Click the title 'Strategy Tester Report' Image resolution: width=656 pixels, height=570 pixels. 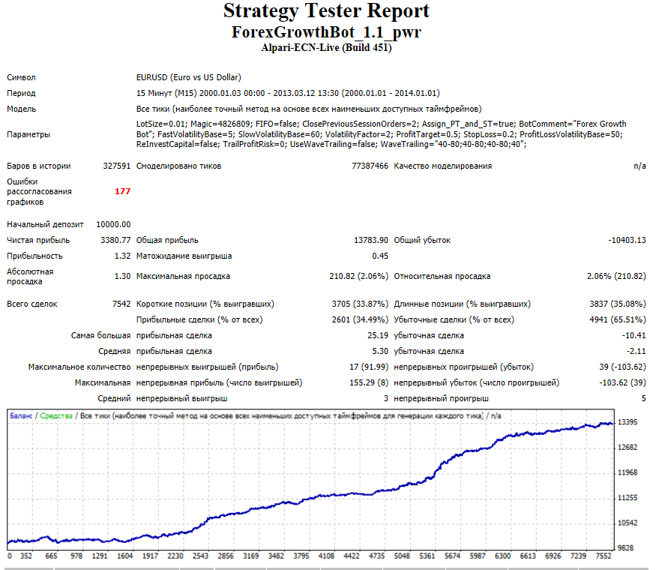(326, 11)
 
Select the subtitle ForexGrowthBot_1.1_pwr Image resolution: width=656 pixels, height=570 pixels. (326, 32)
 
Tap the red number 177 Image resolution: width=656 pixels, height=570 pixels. (123, 191)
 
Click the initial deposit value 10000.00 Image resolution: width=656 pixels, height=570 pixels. (113, 224)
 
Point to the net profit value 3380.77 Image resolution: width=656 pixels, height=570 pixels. (115, 240)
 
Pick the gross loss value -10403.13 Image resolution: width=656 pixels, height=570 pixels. (627, 240)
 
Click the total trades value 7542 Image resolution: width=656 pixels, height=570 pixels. (121, 304)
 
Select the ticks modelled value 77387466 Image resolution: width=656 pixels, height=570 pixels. (370, 166)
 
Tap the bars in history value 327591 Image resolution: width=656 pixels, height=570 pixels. (117, 166)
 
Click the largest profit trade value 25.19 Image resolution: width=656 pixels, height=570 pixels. (378, 336)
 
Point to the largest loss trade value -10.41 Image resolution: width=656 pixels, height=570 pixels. (634, 336)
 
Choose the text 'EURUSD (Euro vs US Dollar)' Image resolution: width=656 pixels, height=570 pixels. (189, 77)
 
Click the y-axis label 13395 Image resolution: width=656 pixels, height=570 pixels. (628, 422)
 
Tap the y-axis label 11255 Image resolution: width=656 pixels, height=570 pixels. (628, 497)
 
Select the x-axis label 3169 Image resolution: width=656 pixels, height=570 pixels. (251, 556)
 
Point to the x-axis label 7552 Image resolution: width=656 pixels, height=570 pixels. (604, 556)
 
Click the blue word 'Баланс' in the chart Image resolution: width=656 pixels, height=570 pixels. (21, 416)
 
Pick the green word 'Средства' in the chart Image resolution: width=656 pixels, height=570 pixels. (56, 416)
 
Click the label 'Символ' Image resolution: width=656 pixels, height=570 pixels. (21, 77)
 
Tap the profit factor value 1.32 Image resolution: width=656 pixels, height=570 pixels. (123, 256)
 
